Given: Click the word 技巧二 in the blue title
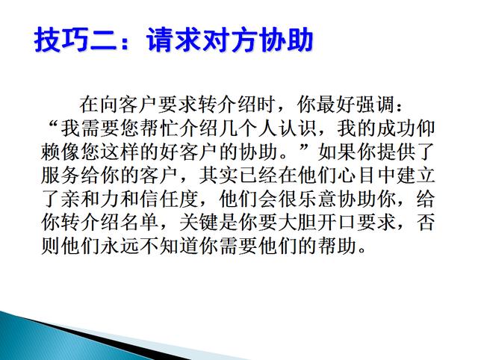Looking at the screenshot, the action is point(75,40).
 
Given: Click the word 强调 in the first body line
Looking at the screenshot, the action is point(376,105).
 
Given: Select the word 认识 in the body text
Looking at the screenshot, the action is point(298,128).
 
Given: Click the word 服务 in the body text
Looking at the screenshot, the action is point(61,176).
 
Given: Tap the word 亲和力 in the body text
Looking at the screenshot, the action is point(90,199).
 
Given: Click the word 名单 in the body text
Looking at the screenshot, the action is point(140,223).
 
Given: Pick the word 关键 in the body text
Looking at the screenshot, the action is point(199,223).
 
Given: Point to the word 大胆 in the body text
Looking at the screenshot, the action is point(297,223).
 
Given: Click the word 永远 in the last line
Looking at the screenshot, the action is point(119,246).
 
